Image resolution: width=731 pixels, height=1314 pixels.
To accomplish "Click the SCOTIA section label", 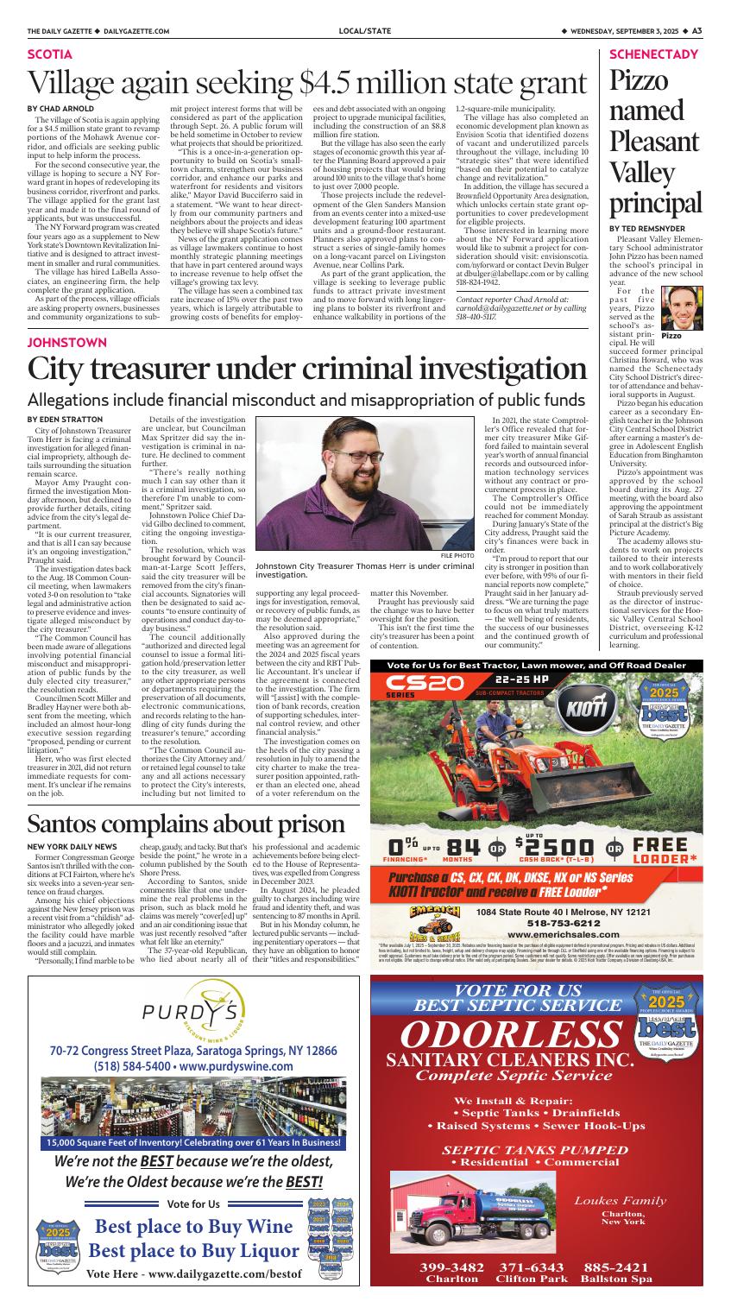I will point(49,54).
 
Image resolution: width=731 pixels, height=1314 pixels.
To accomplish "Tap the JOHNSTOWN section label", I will point(68,342).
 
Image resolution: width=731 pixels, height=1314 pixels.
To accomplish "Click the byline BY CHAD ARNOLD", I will point(60,108).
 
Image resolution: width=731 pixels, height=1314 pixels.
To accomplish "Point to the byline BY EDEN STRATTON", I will point(65,419).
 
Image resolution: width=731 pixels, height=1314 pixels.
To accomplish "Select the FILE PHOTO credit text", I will point(457,555).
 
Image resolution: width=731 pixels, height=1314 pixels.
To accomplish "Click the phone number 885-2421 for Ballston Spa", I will point(618,1291).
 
